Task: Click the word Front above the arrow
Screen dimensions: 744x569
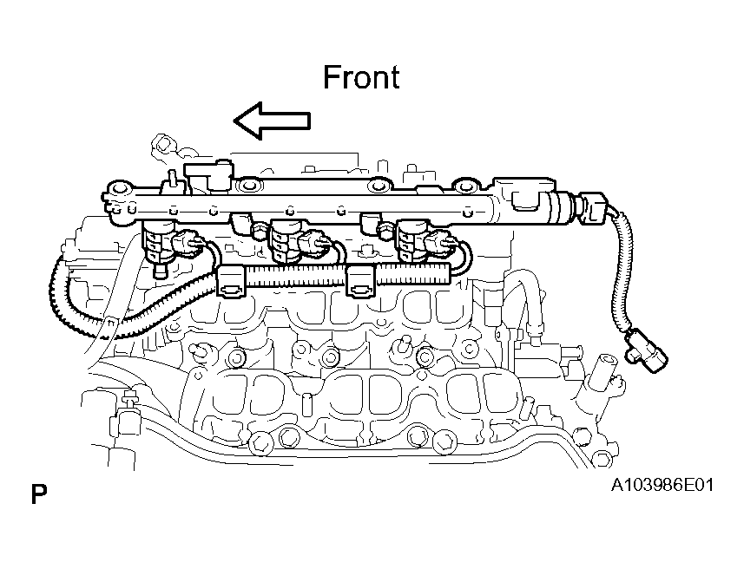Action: [x=361, y=77]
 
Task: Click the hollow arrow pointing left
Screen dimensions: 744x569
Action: [x=272, y=121]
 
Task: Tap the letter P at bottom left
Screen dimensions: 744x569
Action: [x=39, y=494]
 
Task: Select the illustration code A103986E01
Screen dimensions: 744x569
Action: [x=662, y=485]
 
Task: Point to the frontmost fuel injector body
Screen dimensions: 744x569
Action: [x=157, y=242]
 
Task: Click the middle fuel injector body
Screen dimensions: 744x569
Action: [x=284, y=242]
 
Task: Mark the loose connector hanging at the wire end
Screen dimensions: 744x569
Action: [x=646, y=350]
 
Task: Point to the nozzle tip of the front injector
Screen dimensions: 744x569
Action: [x=161, y=271]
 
